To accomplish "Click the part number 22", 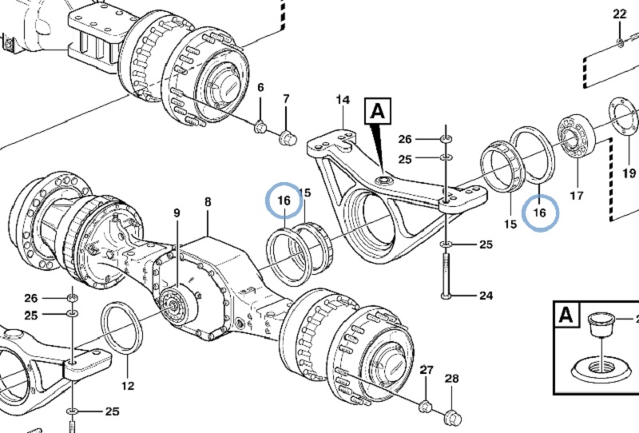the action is tap(620, 14).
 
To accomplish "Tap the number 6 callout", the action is tap(261, 87).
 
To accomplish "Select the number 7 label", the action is tap(286, 99).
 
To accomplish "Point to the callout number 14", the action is tap(343, 100).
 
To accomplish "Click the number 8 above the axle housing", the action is tap(208, 202).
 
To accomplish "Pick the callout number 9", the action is tap(177, 213).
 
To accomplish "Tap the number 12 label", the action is tap(128, 385).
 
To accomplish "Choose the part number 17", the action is tap(576, 196).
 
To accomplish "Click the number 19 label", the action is tap(629, 173).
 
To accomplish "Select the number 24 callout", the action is tap(486, 295).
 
